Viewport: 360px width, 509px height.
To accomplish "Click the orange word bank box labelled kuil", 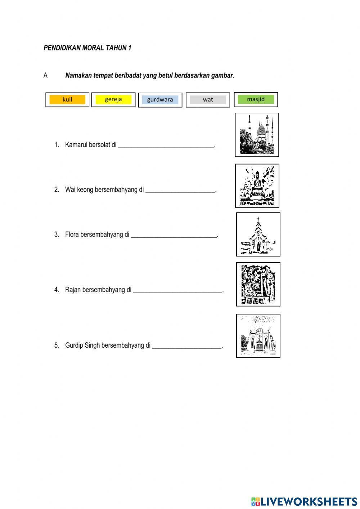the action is [67, 100].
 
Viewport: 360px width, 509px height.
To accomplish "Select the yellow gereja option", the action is [113, 100].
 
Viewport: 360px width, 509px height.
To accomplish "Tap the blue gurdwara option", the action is [160, 100].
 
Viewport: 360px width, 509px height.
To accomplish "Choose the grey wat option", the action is [208, 100].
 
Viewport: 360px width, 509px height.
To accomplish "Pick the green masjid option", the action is [256, 99].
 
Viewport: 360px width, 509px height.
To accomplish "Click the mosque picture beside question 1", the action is [257, 135].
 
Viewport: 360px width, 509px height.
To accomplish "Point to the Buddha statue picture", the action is [257, 186].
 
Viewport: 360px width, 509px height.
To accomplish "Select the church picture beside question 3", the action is [258, 234].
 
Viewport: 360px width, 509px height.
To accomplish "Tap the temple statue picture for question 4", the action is [258, 284].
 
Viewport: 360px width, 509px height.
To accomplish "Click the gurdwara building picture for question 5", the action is [258, 336].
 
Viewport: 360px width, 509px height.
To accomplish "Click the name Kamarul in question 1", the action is [76, 145].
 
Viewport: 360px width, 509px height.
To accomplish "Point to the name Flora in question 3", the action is [72, 235].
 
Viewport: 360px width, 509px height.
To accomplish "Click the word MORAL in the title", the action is [93, 48].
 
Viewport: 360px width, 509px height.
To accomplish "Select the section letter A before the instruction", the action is [46, 76].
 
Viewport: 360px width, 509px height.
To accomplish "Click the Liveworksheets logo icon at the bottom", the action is [256, 501].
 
